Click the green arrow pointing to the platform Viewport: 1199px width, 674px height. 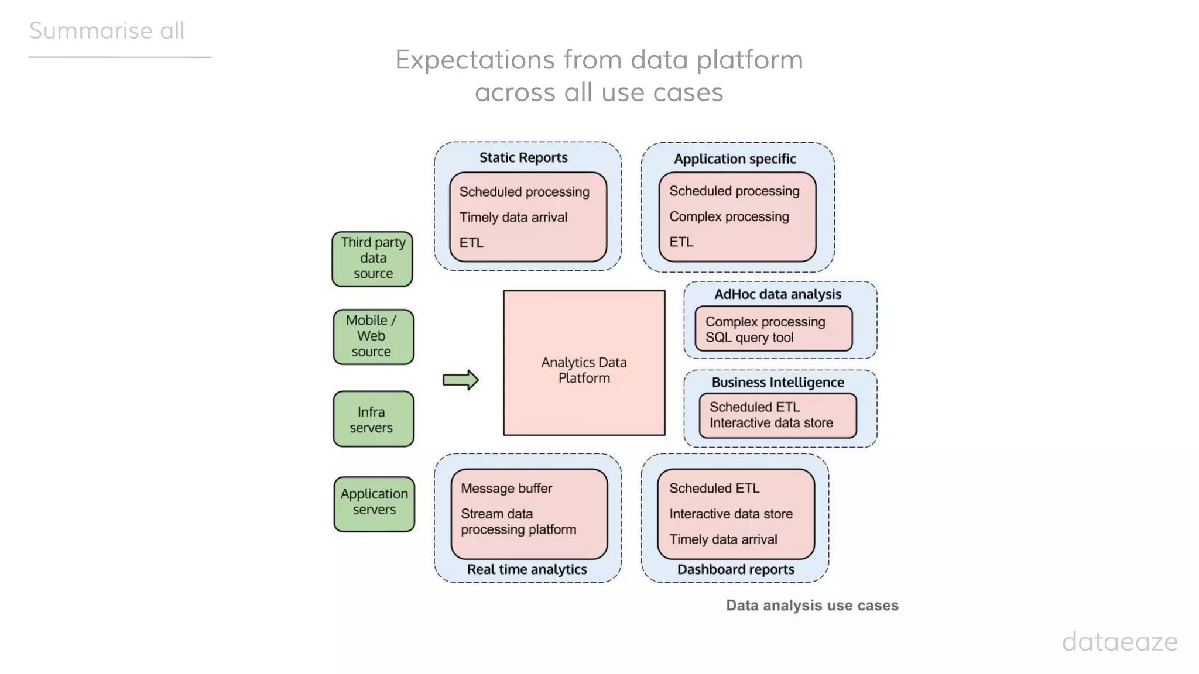(460, 380)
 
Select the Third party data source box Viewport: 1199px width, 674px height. (372, 259)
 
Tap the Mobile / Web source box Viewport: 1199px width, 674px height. (373, 336)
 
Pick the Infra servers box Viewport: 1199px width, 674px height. (373, 419)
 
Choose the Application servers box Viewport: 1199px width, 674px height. (374, 503)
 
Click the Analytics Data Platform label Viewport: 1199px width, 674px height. (584, 370)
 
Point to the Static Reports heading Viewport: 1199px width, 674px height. (523, 157)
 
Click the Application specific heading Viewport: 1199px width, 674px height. (735, 159)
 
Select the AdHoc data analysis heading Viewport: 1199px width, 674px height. (777, 294)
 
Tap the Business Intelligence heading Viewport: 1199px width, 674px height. (777, 382)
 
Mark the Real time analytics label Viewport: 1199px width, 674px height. (526, 569)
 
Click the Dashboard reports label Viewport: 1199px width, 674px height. (735, 569)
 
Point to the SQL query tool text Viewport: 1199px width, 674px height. (749, 338)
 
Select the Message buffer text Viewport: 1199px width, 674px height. (506, 488)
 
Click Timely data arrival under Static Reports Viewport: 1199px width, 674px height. (513, 217)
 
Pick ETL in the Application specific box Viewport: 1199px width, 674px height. (681, 242)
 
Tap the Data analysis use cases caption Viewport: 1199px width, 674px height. (812, 605)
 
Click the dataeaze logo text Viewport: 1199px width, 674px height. (1119, 642)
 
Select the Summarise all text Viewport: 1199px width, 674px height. (107, 30)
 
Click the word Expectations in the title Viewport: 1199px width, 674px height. (474, 60)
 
